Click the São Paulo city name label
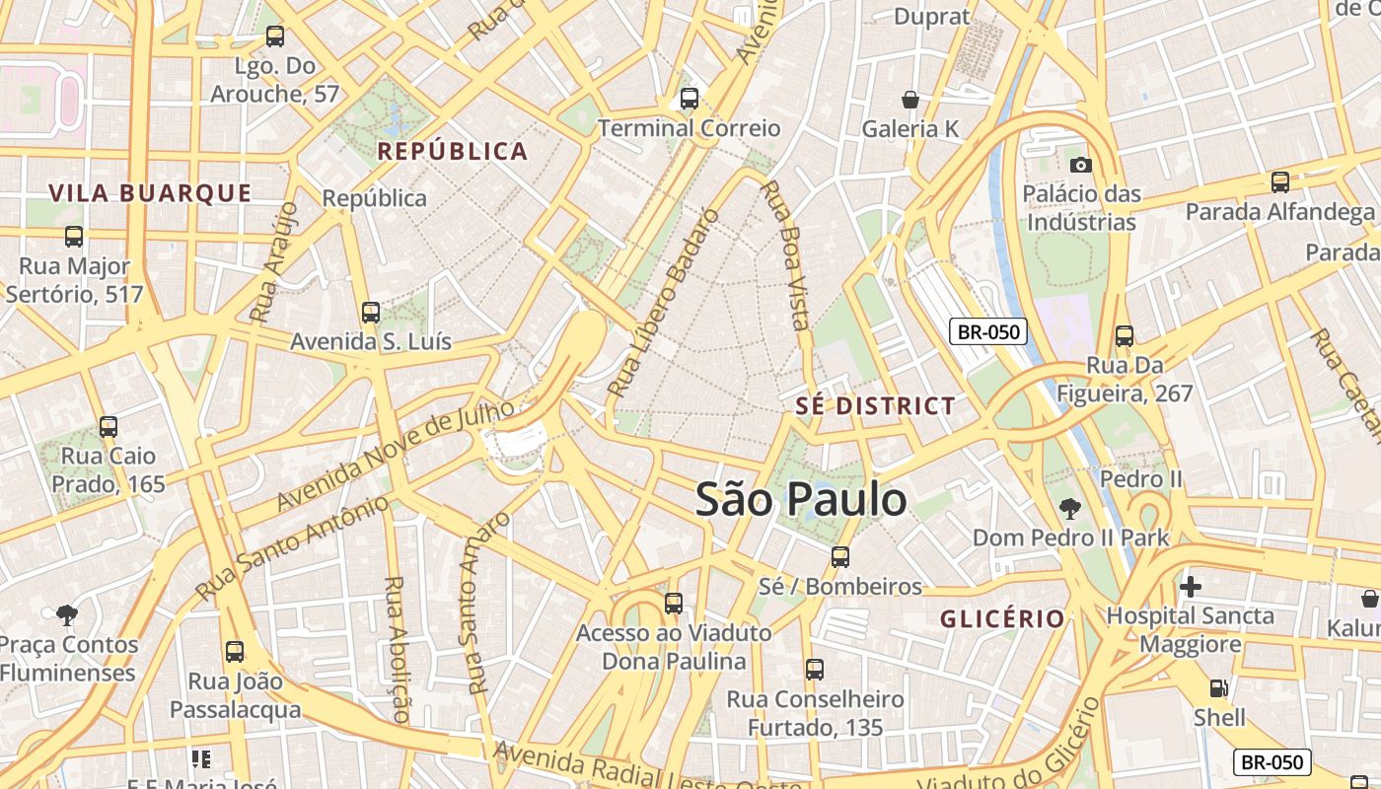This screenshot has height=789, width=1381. tap(801, 500)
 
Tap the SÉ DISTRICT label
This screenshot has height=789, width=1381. tap(876, 406)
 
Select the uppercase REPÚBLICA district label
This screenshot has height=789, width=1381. tap(453, 152)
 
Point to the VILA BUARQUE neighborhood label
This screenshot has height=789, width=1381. tap(150, 193)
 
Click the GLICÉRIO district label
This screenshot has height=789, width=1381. tap(1002, 619)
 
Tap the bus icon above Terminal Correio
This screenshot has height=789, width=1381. tap(690, 99)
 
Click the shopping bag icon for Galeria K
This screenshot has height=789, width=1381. tap(910, 100)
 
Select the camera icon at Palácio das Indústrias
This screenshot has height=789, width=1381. tap(1081, 165)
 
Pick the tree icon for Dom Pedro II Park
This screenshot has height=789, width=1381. tap(1070, 509)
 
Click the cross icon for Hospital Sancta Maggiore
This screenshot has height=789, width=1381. tap(1191, 587)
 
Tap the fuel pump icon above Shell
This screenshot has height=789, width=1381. tap(1219, 688)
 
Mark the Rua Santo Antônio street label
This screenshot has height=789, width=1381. tap(292, 548)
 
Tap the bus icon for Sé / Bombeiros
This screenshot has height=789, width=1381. tap(840, 557)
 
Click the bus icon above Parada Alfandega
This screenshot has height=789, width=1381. tap(1280, 182)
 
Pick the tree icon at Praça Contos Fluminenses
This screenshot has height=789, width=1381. tap(67, 615)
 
